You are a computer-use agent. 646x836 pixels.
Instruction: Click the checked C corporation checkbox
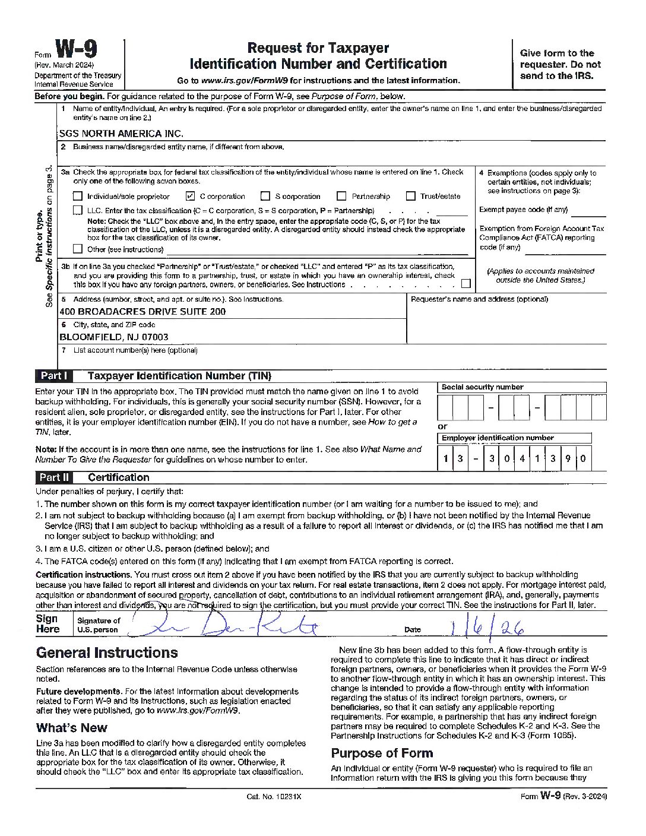coord(191,196)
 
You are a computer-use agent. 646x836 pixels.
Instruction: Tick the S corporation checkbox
coord(265,196)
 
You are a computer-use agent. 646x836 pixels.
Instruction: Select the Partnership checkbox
coord(341,196)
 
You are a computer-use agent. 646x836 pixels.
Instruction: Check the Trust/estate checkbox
coord(410,196)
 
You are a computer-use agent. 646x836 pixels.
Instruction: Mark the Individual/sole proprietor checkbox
coord(78,196)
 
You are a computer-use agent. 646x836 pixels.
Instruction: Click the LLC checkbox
coord(78,210)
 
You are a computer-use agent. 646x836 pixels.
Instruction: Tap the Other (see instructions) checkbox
coord(78,249)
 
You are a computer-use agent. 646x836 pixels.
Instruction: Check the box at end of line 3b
coord(466,284)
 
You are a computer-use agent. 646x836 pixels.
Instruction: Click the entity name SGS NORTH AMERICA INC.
coord(121,134)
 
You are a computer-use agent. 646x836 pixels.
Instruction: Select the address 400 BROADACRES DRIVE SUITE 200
coord(142,312)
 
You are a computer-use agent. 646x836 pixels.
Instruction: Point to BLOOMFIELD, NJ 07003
coord(113,337)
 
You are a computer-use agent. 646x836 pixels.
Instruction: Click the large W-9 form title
coord(76,50)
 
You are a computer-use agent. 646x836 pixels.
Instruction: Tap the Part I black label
coord(54,376)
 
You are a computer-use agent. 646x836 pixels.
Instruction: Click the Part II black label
coord(54,477)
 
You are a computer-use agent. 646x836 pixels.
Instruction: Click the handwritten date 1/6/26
coord(487,627)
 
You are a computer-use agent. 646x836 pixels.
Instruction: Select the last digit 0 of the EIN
coord(583,458)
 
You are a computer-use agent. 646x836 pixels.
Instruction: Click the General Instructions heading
coord(107,653)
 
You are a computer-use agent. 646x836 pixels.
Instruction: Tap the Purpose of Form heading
coord(382,753)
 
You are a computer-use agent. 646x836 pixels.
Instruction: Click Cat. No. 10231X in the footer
coord(274,796)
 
